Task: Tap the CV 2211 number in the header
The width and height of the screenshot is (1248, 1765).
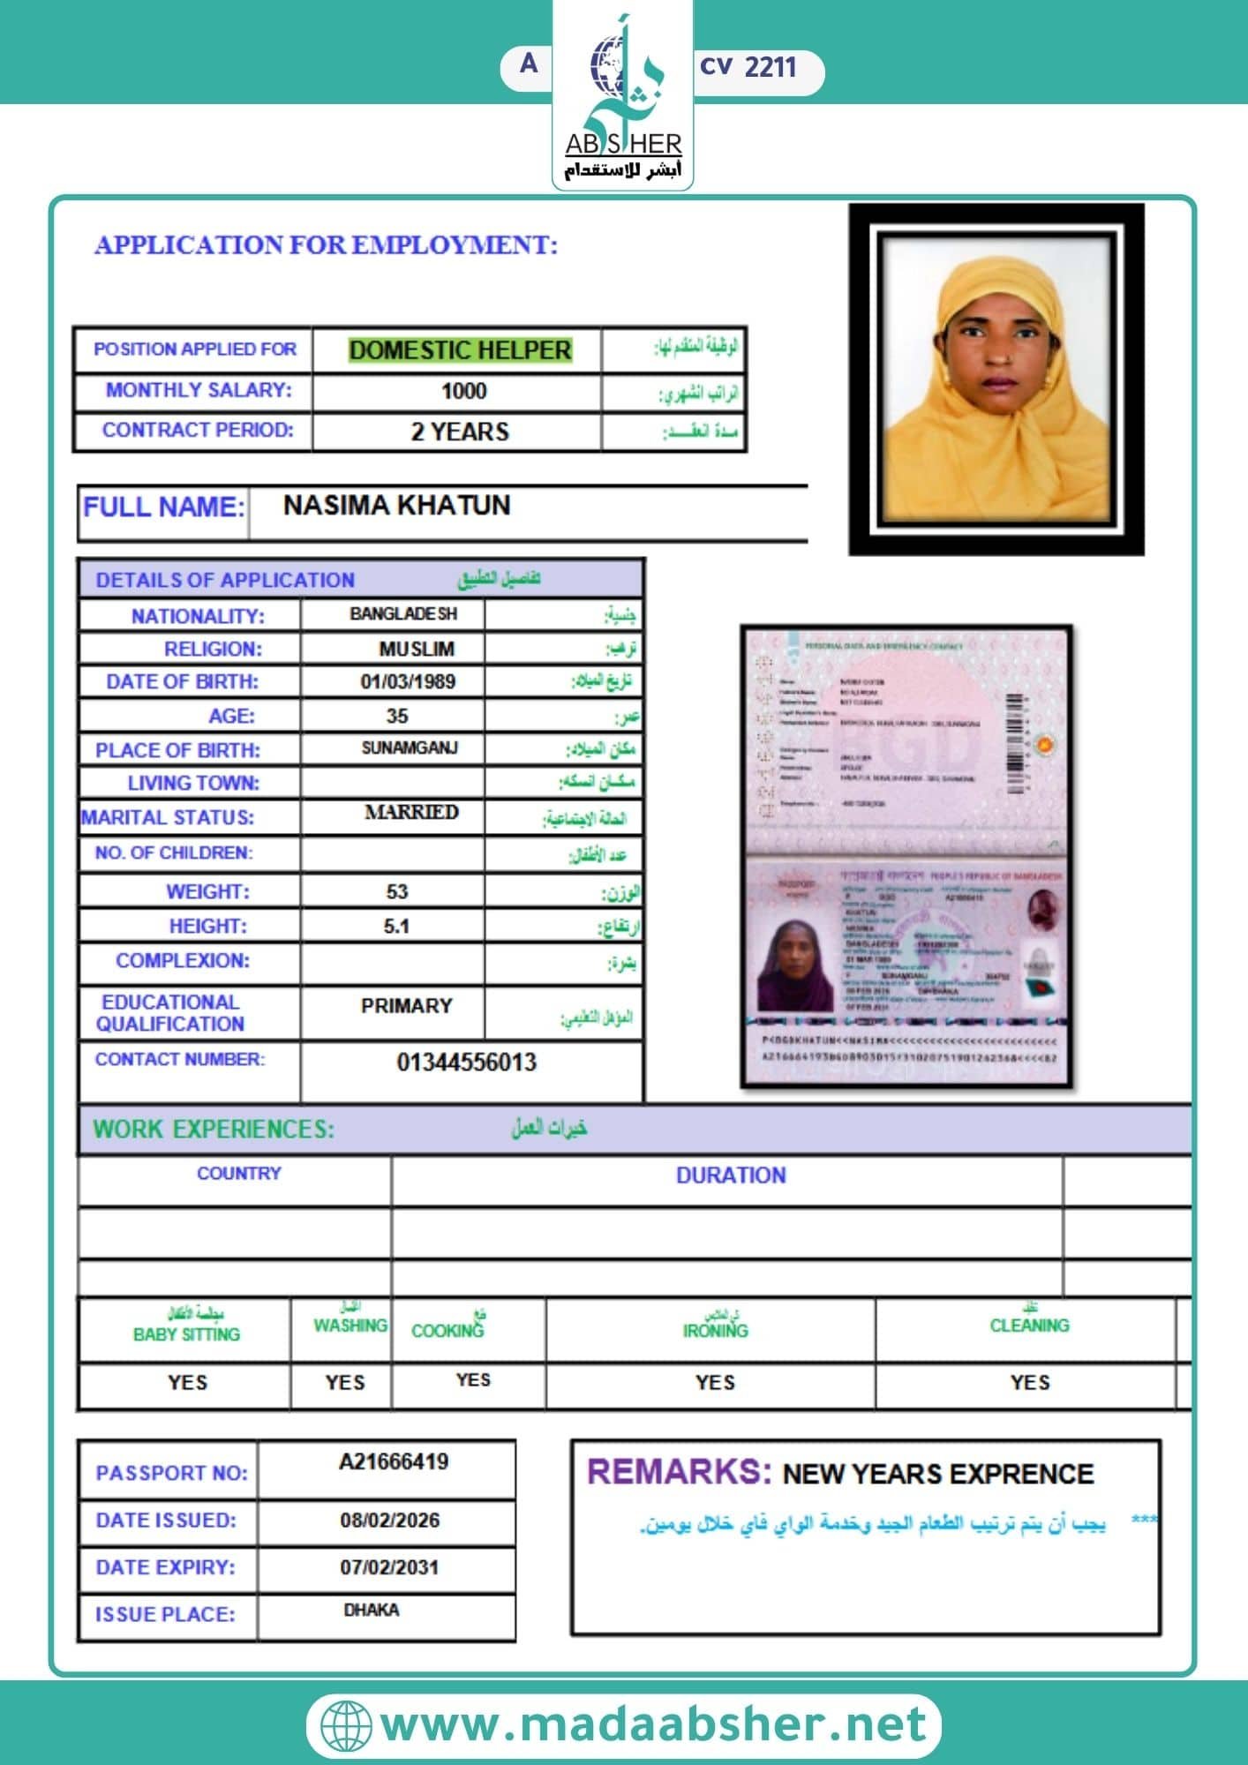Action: pos(748,68)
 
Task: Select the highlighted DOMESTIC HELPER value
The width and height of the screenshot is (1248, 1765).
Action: pos(460,350)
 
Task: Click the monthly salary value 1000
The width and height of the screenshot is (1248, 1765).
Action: pos(463,391)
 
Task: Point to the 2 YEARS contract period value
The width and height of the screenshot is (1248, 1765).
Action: pos(460,432)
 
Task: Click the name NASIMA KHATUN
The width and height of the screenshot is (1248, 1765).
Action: pos(396,506)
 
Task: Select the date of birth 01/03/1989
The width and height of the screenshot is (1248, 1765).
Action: pos(408,681)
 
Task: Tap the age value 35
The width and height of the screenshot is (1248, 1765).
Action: pos(397,716)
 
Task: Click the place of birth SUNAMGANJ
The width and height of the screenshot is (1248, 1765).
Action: pos(410,748)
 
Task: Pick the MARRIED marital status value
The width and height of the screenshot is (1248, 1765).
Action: pos(411,812)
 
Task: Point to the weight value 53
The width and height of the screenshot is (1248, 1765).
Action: pos(397,891)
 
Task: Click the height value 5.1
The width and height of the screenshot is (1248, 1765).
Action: pos(396,926)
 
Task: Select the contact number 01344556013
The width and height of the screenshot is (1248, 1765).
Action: pos(466,1062)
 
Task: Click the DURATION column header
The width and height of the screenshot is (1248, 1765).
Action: pos(731,1175)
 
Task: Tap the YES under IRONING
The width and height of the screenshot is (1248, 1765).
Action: pos(714,1382)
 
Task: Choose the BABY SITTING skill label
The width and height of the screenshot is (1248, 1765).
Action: pos(186,1333)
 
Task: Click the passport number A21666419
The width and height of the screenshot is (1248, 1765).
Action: pos(394,1462)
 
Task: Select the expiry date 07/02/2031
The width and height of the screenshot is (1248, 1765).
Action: pos(389,1567)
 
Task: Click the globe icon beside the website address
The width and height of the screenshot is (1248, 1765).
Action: pos(345,1725)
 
